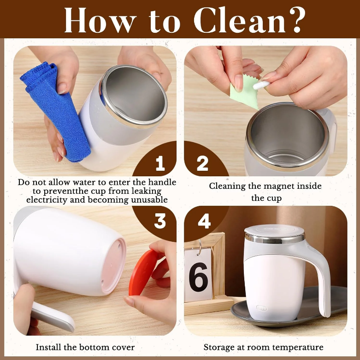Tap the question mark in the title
[x=297, y=20]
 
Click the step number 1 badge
[x=160, y=163]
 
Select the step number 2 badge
[x=202, y=163]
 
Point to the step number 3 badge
[x=160, y=221]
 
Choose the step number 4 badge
[x=204, y=221]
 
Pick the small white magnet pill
[x=261, y=85]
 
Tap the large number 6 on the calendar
[x=199, y=277]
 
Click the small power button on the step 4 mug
[x=262, y=308]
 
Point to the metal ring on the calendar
[x=200, y=247]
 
